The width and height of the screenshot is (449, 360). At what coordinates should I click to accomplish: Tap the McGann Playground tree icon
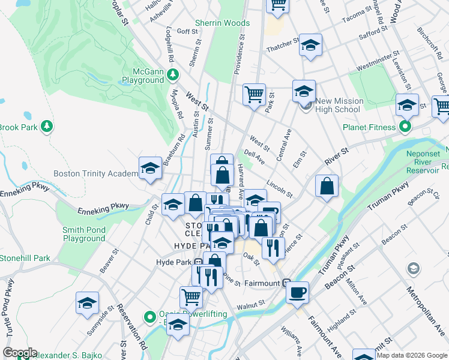(x=173, y=74)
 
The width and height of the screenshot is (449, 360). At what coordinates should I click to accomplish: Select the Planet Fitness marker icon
(x=405, y=127)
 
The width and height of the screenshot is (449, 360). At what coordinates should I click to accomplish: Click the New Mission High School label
(x=339, y=106)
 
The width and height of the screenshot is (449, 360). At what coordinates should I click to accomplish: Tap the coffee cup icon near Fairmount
(x=297, y=293)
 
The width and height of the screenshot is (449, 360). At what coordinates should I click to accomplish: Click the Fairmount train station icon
(x=287, y=284)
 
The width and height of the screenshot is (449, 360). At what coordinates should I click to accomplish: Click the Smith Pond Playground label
(x=84, y=234)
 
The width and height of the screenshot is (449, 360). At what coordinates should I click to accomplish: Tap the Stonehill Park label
(x=25, y=259)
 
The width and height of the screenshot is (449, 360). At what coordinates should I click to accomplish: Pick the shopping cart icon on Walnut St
(x=191, y=296)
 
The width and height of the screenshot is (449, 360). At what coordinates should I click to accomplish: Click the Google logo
(x=19, y=353)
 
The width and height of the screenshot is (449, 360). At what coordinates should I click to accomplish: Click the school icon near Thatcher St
(x=310, y=45)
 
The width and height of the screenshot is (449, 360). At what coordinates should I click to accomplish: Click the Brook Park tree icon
(x=47, y=127)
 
